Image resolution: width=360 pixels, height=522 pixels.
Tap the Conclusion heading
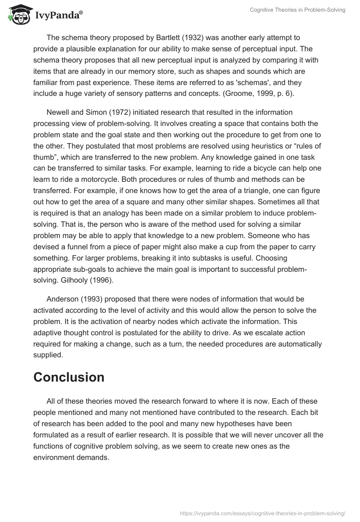(x=69, y=377)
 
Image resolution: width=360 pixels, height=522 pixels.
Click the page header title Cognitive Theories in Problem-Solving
(x=297, y=10)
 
